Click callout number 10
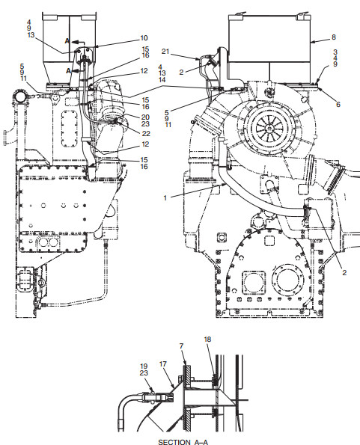tap(144, 38)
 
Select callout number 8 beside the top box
tap(334, 37)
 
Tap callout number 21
tap(165, 52)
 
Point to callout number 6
tap(338, 105)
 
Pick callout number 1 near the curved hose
tap(165, 197)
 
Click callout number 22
tap(146, 133)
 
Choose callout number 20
tap(145, 117)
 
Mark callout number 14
tap(162, 80)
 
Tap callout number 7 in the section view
tap(181, 346)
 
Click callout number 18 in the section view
tap(207, 339)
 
